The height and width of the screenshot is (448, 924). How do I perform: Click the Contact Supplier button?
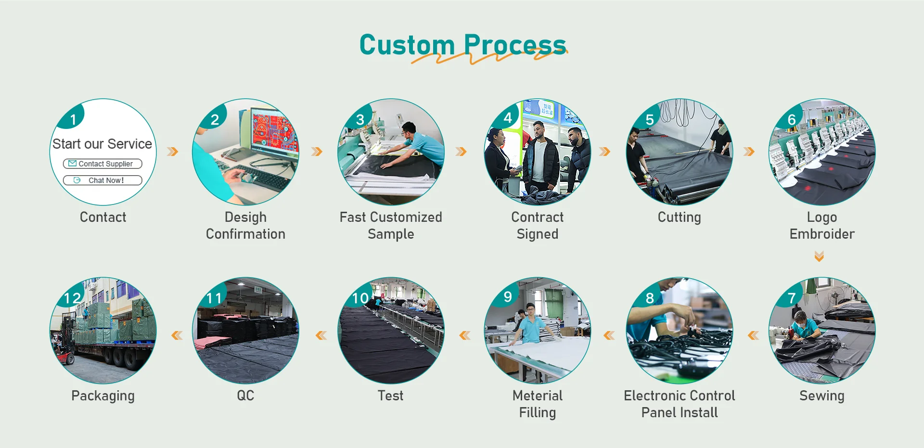coord(103,164)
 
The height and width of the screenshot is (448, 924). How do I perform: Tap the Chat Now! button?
coord(103,180)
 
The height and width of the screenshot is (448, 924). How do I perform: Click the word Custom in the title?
coord(407,45)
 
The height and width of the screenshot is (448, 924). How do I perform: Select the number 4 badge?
coord(507,117)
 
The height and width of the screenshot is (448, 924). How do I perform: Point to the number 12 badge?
coord(73,298)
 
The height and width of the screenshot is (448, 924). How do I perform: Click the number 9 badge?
coord(507,296)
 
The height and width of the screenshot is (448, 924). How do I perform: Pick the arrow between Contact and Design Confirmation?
coord(172,152)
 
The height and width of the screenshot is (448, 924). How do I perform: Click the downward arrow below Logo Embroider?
coord(819,256)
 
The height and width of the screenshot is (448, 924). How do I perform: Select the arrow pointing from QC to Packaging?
coord(177,335)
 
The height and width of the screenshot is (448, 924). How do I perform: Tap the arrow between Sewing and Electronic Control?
coord(753,335)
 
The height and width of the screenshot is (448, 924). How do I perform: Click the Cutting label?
coord(679,218)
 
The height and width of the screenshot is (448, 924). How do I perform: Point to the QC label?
coord(245,396)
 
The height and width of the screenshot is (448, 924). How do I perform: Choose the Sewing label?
coord(821,396)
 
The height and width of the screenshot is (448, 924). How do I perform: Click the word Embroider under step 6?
coord(821,234)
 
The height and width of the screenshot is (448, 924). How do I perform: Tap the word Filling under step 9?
coord(537,413)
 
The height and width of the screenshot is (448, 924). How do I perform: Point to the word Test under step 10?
coord(390,396)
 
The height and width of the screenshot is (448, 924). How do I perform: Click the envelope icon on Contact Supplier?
coord(72,164)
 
